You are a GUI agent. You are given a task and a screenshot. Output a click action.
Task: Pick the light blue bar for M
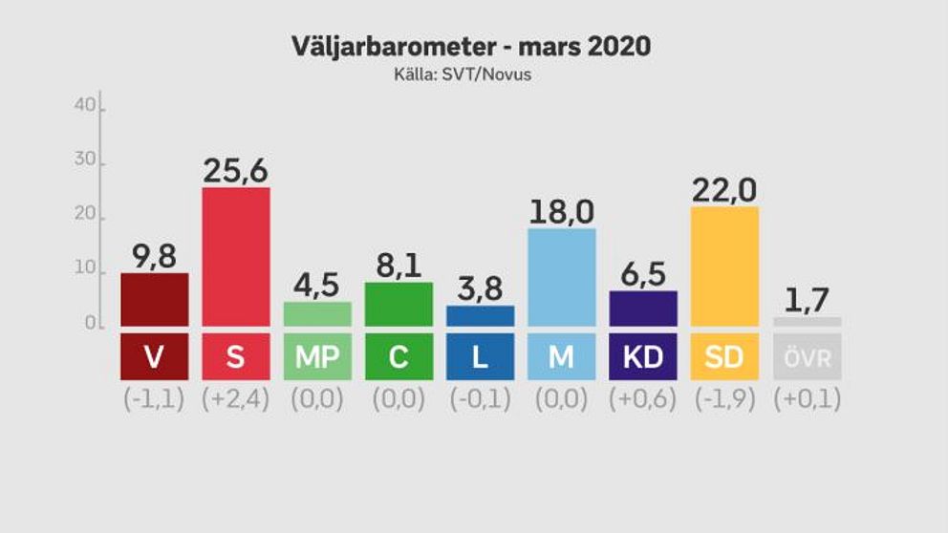(x=561, y=276)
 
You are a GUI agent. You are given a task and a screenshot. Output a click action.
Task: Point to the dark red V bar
(x=154, y=299)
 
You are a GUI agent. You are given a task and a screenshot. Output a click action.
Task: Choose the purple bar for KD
(x=643, y=308)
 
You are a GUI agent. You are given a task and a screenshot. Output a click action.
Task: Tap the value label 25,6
(x=235, y=170)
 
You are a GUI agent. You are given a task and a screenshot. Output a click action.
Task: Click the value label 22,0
(x=724, y=190)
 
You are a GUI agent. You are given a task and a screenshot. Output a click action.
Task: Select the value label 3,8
(x=480, y=288)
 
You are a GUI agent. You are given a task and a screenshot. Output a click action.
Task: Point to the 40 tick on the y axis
(x=85, y=106)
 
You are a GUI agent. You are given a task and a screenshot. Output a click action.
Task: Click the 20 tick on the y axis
(x=85, y=216)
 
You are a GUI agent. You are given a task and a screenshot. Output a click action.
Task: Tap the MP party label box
(x=316, y=357)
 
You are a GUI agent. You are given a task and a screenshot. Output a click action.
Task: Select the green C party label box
(x=399, y=357)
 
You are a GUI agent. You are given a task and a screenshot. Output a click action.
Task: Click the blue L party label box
(x=480, y=357)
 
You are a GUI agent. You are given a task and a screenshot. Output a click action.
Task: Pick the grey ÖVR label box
(x=807, y=357)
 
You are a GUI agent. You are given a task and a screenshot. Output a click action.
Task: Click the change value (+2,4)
(x=235, y=399)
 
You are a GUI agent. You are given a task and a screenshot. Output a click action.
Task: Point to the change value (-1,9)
(x=724, y=399)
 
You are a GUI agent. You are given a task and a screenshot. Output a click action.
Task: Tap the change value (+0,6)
(x=643, y=399)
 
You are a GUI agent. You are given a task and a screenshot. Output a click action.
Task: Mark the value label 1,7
(x=807, y=300)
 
